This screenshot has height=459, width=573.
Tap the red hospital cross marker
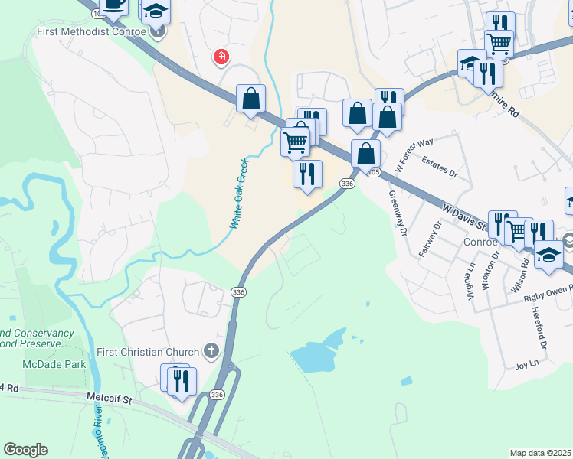221,57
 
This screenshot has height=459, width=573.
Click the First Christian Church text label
149,352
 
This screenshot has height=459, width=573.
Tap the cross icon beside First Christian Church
211,352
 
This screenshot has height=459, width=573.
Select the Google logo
25,450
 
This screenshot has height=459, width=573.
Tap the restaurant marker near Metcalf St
181,380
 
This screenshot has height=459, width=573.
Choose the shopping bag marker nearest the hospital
251,99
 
